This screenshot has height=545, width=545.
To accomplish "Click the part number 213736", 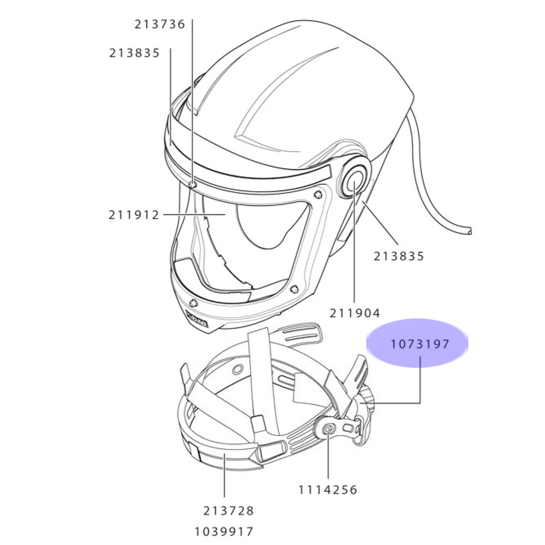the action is (159, 25).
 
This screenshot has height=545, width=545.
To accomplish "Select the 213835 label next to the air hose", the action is (399, 256).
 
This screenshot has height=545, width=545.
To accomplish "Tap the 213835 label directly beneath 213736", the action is (134, 53).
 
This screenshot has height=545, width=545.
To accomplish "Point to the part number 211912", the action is (134, 215).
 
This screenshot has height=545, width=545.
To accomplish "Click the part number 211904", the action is (355, 313).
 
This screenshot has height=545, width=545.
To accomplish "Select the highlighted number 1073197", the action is (420, 344).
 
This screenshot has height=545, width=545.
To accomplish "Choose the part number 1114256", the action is (328, 490).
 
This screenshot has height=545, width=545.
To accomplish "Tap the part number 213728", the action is (228, 511).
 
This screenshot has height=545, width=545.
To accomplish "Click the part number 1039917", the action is (224, 532).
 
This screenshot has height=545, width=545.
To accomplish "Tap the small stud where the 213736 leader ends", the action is (192, 184).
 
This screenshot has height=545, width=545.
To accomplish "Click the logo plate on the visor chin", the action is (197, 319).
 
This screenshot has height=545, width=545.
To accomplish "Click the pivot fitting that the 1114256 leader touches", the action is (328, 431).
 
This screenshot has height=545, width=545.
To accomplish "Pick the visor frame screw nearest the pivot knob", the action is (318, 194).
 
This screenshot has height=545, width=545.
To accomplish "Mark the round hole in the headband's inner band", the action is (238, 369).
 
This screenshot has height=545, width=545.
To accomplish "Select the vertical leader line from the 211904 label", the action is (354, 242).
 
